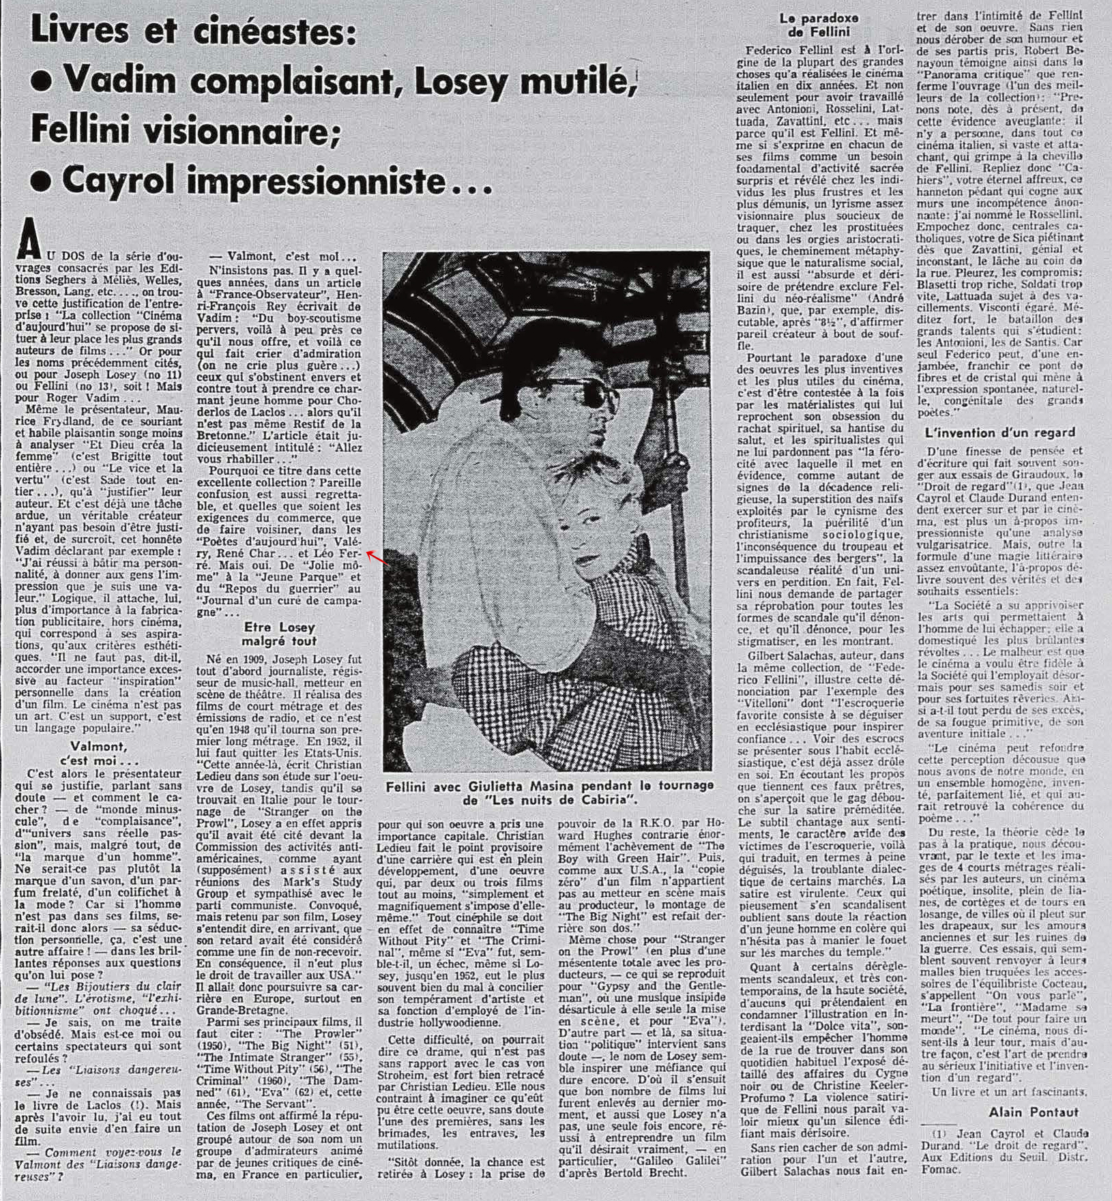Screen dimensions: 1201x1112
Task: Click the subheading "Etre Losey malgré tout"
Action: point(279,634)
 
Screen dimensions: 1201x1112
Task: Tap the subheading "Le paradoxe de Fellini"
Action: point(819,25)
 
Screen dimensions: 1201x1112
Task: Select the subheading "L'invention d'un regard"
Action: point(1000,432)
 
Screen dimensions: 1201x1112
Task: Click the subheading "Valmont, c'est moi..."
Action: point(100,754)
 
